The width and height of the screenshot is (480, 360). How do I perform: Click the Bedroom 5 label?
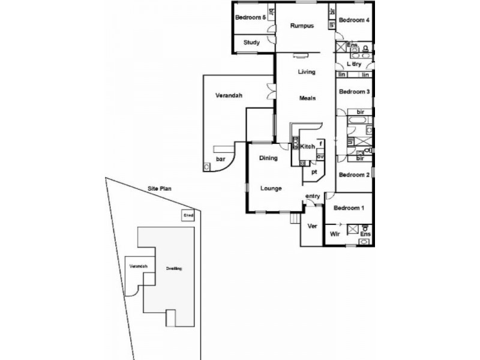coord(250,17)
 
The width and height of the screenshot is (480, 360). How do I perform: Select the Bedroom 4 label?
coord(353,20)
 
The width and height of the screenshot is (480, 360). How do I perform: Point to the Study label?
coord(251,43)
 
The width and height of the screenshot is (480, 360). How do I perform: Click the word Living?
coord(307,72)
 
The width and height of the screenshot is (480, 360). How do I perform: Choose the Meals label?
coord(307,98)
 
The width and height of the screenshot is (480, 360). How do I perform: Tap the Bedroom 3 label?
coord(354,92)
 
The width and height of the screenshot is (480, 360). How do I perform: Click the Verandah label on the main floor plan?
coord(229,95)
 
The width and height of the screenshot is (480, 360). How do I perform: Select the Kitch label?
coord(307,147)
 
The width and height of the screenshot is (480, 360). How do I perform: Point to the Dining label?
coord(268,158)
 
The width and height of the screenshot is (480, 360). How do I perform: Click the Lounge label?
coord(271,188)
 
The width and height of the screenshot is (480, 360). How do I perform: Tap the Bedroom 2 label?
coord(353,175)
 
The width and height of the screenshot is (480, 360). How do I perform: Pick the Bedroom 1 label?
coord(349,208)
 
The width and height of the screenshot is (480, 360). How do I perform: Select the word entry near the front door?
coord(313,196)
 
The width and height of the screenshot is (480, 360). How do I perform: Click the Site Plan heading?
coord(160,188)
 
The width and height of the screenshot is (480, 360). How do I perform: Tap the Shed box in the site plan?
coord(188,215)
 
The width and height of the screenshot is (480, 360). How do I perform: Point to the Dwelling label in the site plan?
coord(174,269)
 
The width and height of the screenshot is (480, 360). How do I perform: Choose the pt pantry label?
coord(313,171)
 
